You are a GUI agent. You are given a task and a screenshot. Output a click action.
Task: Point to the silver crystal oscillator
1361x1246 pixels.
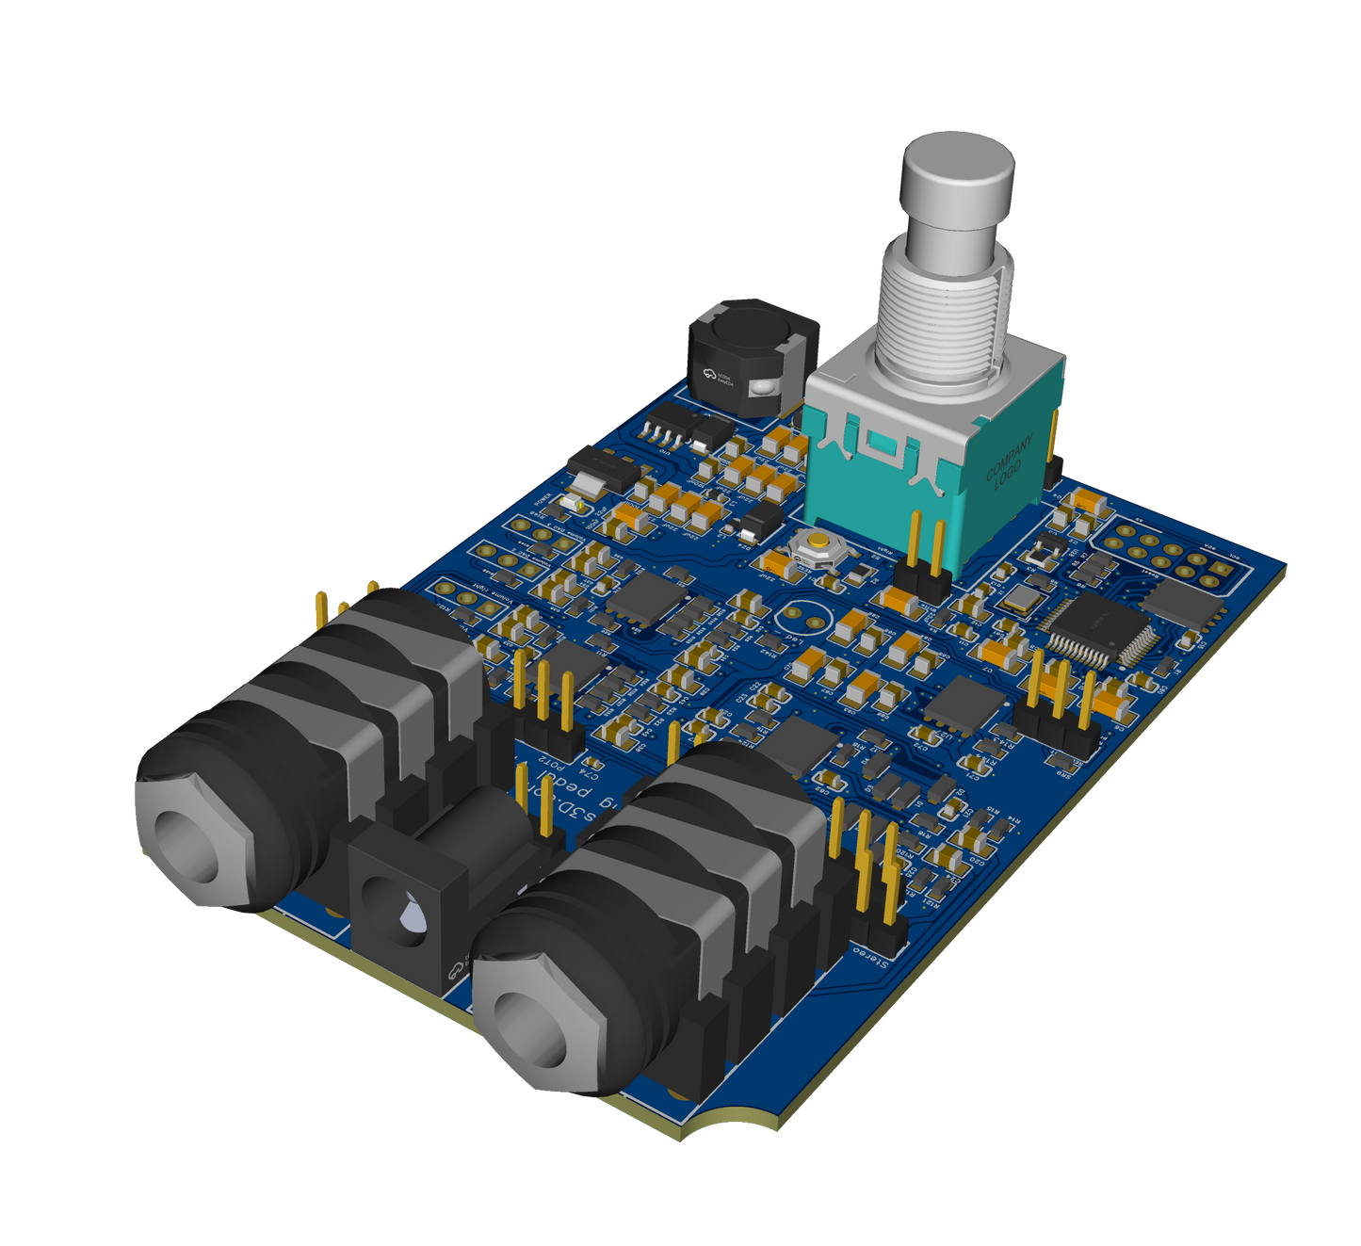pyautogui.click(x=1023, y=598)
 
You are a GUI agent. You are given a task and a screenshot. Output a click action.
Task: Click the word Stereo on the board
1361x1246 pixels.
pyautogui.click(x=872, y=957)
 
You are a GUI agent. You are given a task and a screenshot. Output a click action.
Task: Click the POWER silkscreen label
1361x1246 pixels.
pyautogui.click(x=544, y=501)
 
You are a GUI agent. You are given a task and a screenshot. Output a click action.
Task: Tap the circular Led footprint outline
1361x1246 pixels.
pyautogui.click(x=806, y=616)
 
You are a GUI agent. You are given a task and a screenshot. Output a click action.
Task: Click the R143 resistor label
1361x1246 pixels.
pyautogui.click(x=772, y=650)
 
